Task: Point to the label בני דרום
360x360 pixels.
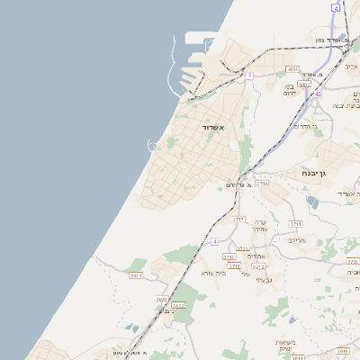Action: [x=290, y=90]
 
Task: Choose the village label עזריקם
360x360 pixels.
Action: [x=297, y=240]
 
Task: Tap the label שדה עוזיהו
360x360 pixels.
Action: [x=260, y=226]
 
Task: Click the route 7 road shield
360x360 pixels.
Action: [x=250, y=76]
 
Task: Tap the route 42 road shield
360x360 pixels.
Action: [x=318, y=93]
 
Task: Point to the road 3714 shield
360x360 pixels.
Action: [x=262, y=184]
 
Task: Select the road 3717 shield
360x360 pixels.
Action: [x=238, y=220]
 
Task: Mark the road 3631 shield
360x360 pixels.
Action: [x=135, y=275]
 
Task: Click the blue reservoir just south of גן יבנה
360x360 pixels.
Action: [x=312, y=202]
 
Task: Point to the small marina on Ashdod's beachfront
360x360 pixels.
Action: [x=153, y=144]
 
